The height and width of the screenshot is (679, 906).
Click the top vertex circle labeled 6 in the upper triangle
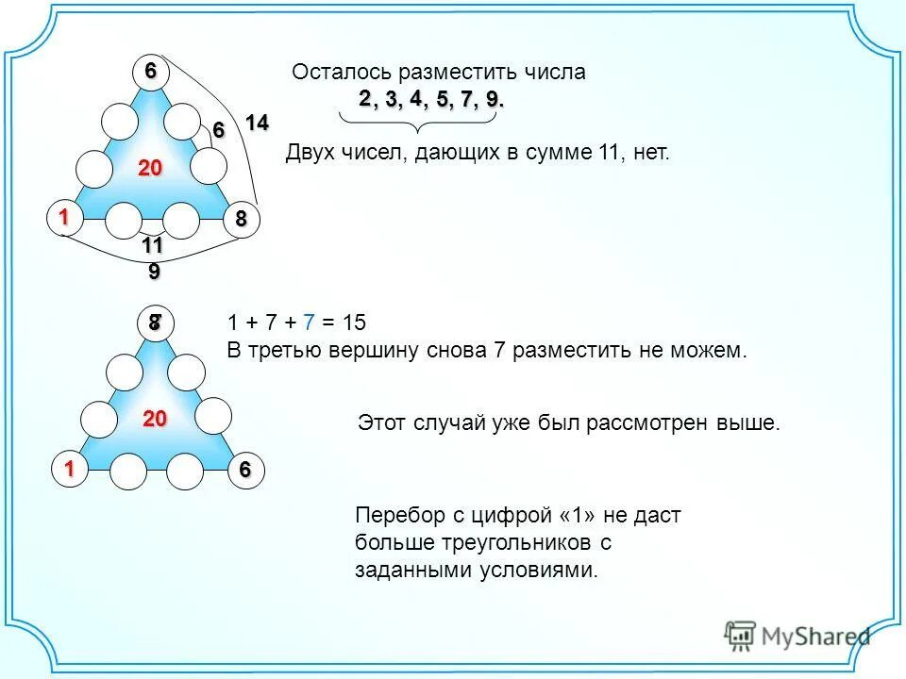150,72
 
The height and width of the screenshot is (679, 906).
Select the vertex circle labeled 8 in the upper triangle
241,219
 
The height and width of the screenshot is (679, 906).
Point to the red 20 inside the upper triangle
150,169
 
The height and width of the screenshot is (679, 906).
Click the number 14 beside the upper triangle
257,122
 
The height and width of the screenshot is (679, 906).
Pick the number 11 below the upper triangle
153,246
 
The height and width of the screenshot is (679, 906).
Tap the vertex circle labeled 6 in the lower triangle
245,471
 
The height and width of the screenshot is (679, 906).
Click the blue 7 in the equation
309,323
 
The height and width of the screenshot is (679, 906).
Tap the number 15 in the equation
353,323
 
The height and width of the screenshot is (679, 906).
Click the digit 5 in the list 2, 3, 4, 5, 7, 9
442,100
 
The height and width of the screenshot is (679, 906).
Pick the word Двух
307,153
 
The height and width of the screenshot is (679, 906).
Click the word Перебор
394,516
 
